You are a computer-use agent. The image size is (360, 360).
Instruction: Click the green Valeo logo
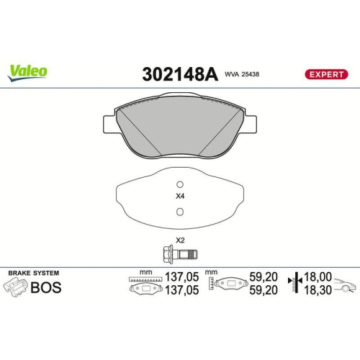pyautogui.click(x=28, y=71)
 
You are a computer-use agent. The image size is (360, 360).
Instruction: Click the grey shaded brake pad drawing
pyautogui.click(x=181, y=130)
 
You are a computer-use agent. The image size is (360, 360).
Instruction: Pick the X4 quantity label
pyautogui.click(x=180, y=196)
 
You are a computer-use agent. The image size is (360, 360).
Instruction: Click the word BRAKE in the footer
pyautogui.click(x=20, y=274)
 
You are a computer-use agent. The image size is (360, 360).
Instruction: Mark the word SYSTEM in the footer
pyautogui.click(x=47, y=274)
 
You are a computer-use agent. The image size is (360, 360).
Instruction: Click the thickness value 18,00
pyautogui.click(x=318, y=276)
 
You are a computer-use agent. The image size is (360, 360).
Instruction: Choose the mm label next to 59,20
pyautogui.click(x=211, y=273)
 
